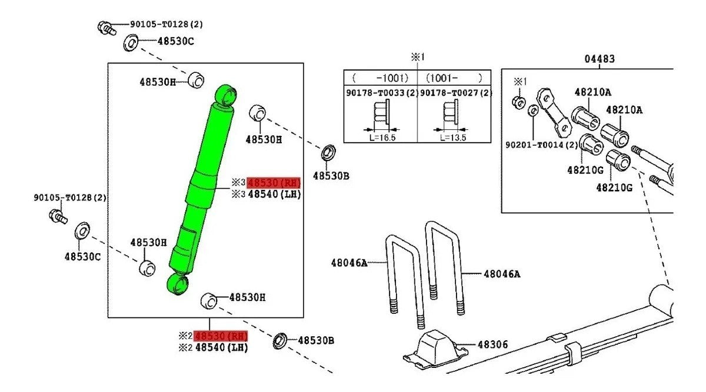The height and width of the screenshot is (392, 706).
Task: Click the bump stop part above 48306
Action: tap(435, 347)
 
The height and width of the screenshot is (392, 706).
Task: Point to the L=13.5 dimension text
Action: tap(453, 138)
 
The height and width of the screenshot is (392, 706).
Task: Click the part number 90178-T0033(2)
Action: tap(381, 93)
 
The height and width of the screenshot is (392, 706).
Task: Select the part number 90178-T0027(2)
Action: tap(454, 93)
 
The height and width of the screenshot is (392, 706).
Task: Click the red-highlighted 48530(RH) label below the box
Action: tap(221, 336)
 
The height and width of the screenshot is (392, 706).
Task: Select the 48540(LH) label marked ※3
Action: tap(274, 195)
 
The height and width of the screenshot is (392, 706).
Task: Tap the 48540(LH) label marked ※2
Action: tap(221, 347)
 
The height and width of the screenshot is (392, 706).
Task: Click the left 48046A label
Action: tap(349, 263)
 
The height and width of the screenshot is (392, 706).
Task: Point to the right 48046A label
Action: tap(502, 273)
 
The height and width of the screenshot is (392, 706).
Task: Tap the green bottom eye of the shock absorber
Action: tap(178, 284)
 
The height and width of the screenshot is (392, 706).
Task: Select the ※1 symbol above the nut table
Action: tap(417, 57)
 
